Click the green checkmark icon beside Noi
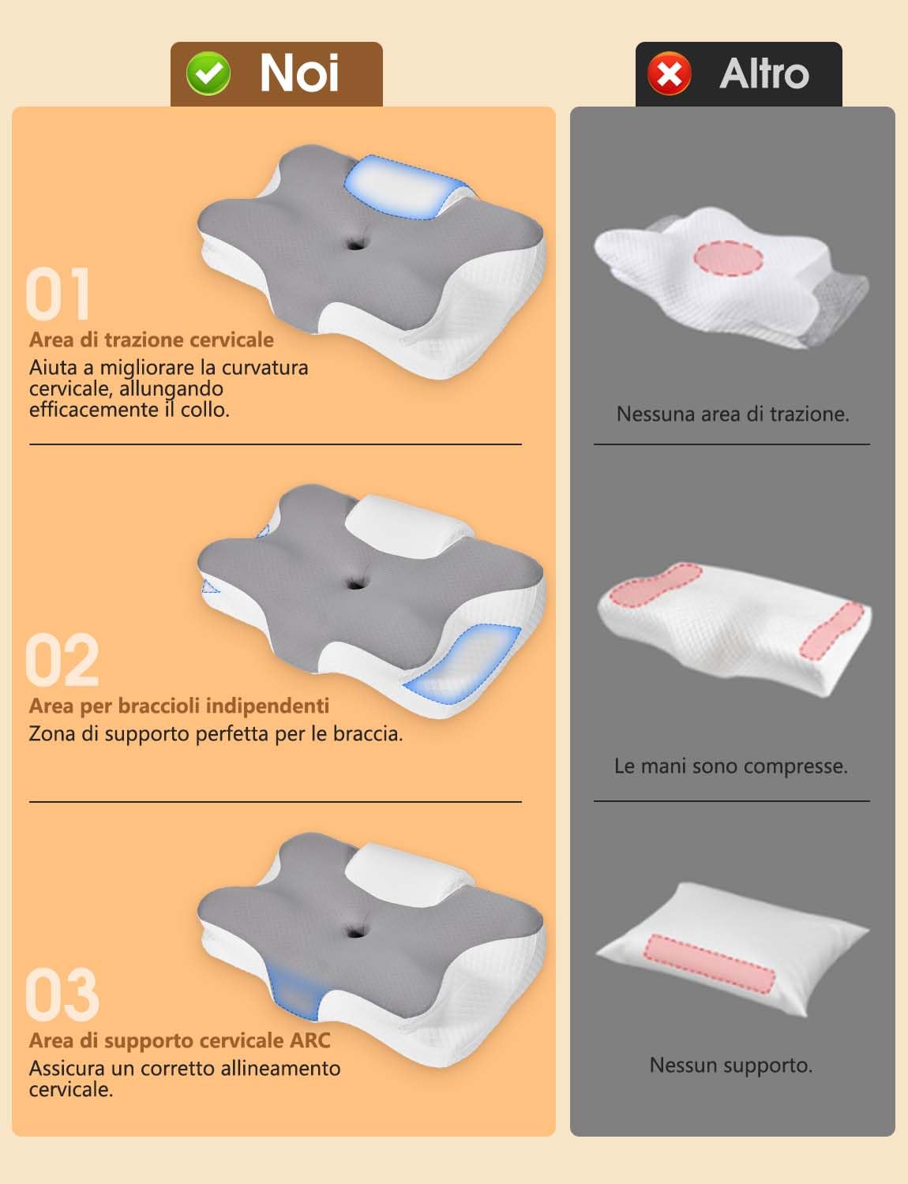click(208, 74)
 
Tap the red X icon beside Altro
click(670, 74)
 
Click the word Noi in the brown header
click(299, 73)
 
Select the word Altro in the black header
click(764, 73)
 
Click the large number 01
click(58, 294)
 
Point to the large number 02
click(62, 661)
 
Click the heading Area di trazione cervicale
click(152, 339)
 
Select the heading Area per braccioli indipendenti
click(179, 706)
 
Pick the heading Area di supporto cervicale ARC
click(180, 1040)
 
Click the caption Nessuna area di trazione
click(733, 414)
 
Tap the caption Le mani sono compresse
click(731, 766)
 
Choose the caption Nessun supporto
click(731, 1065)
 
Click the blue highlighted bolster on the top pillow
click(400, 186)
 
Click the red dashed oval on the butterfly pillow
click(729, 257)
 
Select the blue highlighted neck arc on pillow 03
click(295, 991)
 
